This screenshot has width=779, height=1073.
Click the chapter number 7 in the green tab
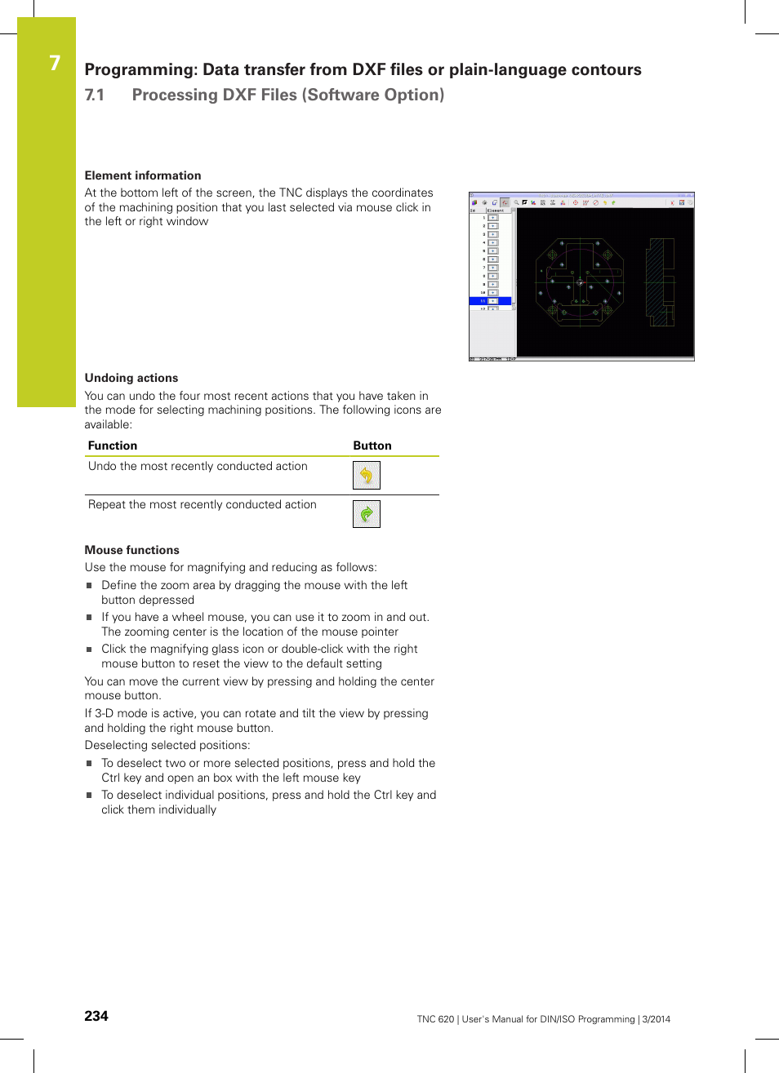click(x=55, y=63)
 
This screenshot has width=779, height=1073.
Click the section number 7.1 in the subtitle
click(x=95, y=95)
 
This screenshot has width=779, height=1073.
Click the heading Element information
click(x=143, y=175)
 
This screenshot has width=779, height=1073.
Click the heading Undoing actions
click(x=131, y=378)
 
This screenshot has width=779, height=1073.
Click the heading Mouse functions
click(x=132, y=550)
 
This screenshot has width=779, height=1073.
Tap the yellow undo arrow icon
click(x=367, y=475)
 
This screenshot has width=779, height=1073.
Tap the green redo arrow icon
click(x=367, y=514)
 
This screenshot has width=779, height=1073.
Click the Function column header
click(x=113, y=446)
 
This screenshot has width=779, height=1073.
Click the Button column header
click(x=372, y=446)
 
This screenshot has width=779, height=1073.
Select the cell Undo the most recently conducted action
click(x=198, y=466)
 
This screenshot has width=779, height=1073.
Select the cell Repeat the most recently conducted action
click(x=202, y=504)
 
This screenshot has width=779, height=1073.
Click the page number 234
click(x=96, y=1016)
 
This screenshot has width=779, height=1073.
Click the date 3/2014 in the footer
click(x=656, y=1019)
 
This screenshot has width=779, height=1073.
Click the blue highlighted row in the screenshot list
click(x=491, y=301)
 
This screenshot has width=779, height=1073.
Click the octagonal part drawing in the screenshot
click(x=580, y=282)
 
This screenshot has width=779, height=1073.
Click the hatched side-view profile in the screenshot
click(x=660, y=282)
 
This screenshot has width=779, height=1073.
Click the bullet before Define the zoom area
click(x=90, y=585)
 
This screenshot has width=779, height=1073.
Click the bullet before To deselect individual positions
click(x=90, y=796)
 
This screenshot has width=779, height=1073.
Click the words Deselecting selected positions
click(x=167, y=745)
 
